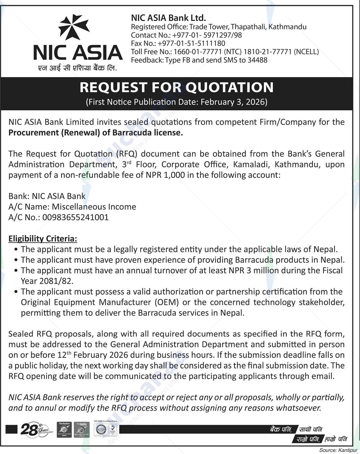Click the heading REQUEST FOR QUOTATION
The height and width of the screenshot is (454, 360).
(x=176, y=87)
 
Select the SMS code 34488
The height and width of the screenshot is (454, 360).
(x=257, y=60)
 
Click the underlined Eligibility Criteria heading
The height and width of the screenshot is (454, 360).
(x=43, y=239)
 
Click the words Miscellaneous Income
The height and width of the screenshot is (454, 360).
(x=94, y=207)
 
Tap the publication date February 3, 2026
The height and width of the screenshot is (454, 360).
(x=233, y=102)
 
